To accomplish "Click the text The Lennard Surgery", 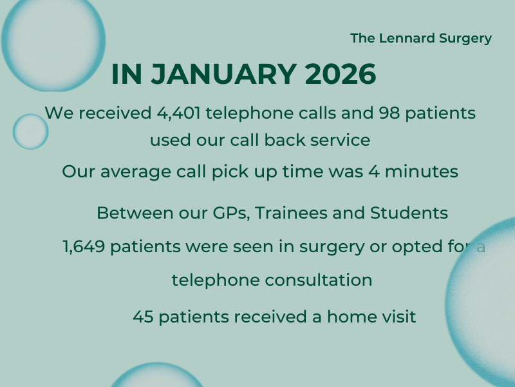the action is [x=421, y=38].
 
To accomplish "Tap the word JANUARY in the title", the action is [x=223, y=74].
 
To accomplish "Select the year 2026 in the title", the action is [x=341, y=74].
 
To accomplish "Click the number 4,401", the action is [x=178, y=114].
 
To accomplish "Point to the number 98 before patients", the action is [x=389, y=113].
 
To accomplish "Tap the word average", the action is [x=136, y=172].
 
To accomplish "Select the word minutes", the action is [x=422, y=172].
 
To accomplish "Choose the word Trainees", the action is [x=291, y=213].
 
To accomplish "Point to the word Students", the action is [x=409, y=213].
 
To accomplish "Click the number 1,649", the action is [x=84, y=246].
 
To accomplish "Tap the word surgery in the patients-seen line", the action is [x=332, y=247].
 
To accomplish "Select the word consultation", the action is [x=318, y=281].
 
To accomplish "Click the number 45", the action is [x=143, y=317].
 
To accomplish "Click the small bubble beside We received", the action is [x=30, y=132].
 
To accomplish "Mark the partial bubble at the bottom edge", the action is [x=156, y=375].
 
